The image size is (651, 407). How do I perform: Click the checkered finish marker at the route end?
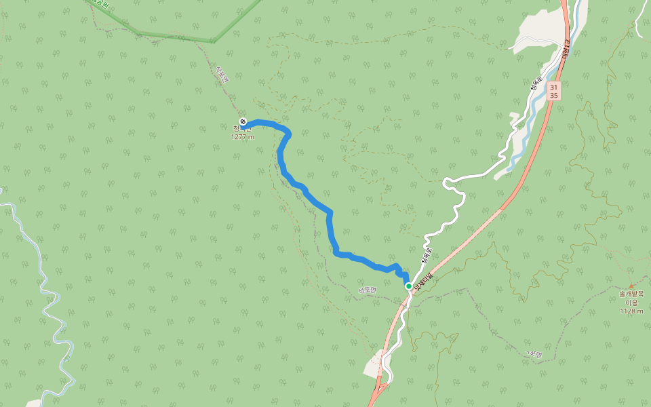coord(243,122)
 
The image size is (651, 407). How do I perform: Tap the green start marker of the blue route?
coord(409,286)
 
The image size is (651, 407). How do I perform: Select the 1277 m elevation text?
coord(242,136)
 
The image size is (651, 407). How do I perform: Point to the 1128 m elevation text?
coord(631,311)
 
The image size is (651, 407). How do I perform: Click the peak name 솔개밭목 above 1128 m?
coord(631,294)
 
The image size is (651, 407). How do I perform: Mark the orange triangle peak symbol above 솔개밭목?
coord(631,286)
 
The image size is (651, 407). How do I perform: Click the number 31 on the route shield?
coord(554,88)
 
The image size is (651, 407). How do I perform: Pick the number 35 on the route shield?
coord(554,96)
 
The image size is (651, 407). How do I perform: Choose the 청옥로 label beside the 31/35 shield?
coord(536,83)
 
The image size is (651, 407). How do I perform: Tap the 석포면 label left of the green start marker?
coord(367,290)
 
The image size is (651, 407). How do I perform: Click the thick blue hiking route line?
coord(330,224)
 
